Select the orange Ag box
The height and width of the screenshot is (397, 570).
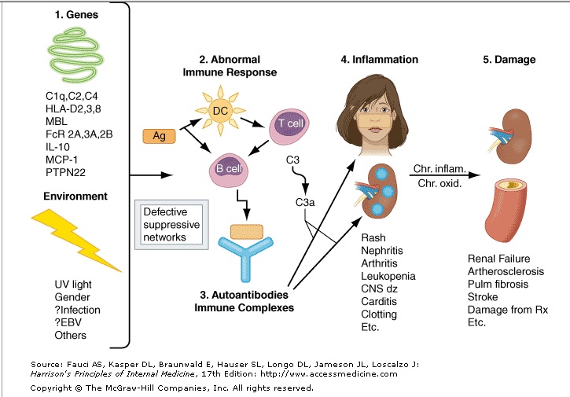click(159, 137)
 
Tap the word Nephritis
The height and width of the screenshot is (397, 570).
click(382, 251)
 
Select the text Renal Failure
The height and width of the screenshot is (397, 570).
click(498, 258)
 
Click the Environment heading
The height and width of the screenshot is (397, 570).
click(75, 196)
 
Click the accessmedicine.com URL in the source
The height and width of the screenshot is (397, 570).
click(346, 374)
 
